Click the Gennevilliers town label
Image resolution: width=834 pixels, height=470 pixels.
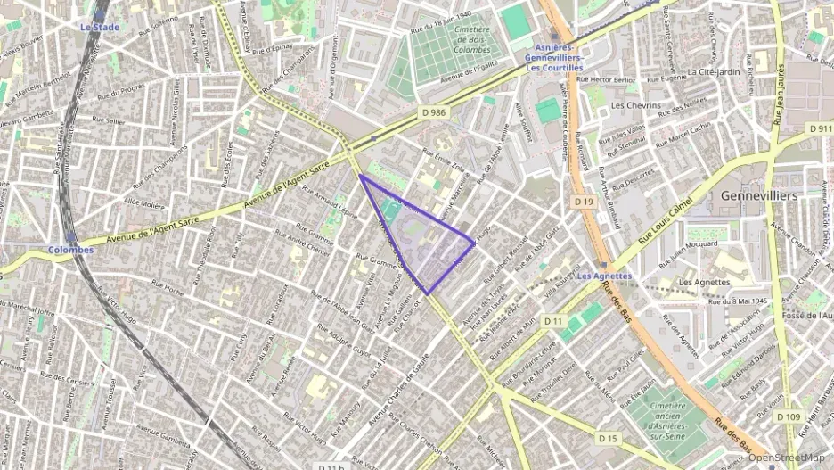click(759, 194)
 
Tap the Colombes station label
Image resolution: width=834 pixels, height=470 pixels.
click(71, 250)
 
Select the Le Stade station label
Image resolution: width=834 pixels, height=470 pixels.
click(99, 28)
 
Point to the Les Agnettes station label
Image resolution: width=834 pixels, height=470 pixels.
click(604, 276)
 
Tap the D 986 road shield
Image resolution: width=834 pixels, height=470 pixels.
click(433, 112)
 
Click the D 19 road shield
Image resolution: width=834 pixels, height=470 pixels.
click(585, 202)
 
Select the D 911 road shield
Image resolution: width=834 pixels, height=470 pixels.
click(820, 129)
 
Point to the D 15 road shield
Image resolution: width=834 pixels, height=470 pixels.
click(608, 438)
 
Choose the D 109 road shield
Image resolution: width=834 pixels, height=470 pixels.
click(788, 416)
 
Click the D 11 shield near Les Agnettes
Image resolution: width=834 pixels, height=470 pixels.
click(554, 320)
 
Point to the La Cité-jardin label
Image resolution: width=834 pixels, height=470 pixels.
click(714, 71)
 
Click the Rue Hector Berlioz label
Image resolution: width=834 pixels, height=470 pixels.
click(606, 80)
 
